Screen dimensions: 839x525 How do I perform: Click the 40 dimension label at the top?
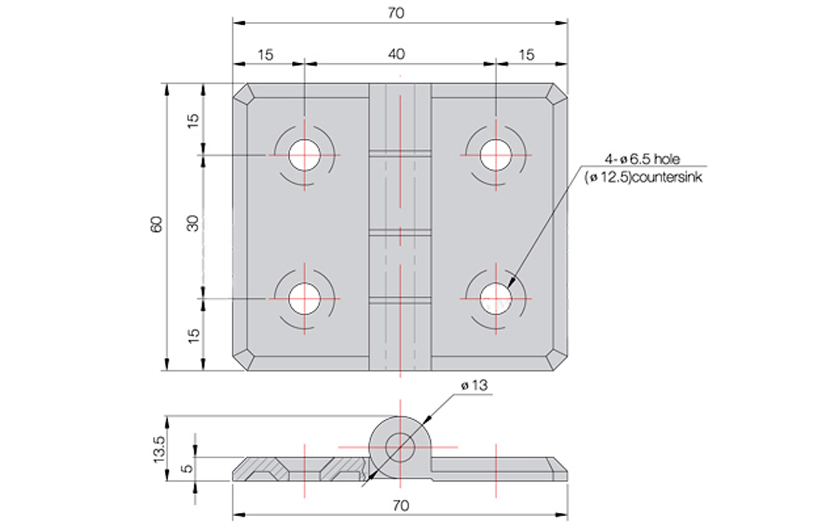click(396, 55)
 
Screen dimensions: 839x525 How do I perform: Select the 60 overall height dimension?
click(157, 224)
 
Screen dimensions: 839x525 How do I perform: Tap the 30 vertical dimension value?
click(193, 223)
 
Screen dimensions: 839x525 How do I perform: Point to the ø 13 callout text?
click(474, 386)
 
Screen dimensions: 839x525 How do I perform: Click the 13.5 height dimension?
click(159, 449)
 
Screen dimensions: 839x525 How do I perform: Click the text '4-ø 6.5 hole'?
click(642, 160)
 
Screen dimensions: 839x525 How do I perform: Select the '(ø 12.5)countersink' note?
click(643, 177)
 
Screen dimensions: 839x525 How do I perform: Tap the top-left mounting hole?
click(304, 155)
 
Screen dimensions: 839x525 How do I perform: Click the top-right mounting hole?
click(496, 155)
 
